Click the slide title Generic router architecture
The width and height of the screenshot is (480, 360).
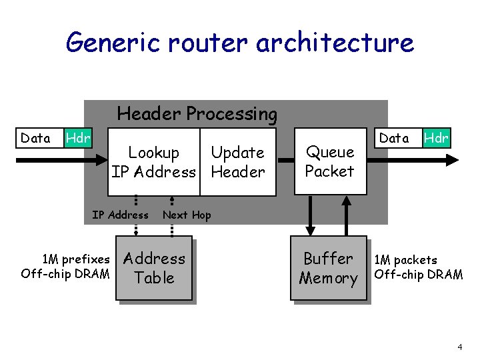240,43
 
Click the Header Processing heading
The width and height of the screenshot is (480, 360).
197,114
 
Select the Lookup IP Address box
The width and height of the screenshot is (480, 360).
154,163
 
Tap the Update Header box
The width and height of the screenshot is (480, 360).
237,163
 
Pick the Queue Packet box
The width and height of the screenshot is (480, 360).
330,162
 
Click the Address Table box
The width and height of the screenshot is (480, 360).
154,268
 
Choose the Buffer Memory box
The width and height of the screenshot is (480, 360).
329,268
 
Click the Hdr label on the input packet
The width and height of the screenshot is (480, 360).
78,139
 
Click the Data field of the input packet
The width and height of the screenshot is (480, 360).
36,139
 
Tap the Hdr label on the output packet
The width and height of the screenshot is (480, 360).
437,138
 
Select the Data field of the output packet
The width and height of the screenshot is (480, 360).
394,138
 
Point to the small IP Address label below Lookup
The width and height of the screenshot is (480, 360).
120,215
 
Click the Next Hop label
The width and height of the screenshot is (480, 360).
187,215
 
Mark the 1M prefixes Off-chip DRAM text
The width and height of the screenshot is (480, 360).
65,266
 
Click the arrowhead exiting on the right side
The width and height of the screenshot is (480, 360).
453,159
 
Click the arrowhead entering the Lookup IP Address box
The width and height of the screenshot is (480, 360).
101,159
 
